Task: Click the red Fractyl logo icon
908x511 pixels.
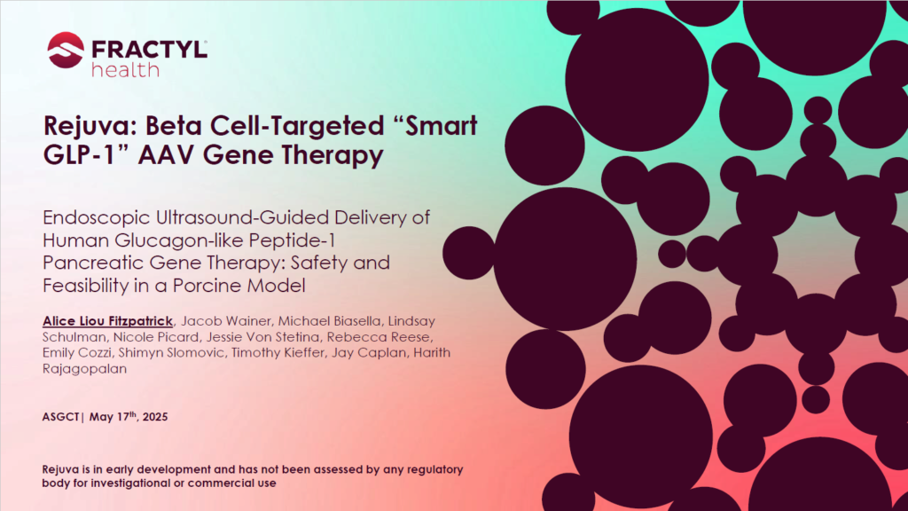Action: click(x=66, y=50)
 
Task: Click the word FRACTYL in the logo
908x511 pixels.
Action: click(x=149, y=50)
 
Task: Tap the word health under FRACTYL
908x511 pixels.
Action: click(x=125, y=70)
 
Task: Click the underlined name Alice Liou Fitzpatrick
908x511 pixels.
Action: click(x=107, y=321)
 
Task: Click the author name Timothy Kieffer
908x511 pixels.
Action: click(x=278, y=352)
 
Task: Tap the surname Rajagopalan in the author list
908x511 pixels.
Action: click(x=84, y=369)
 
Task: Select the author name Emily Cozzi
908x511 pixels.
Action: click(x=77, y=353)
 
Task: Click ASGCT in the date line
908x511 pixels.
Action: click(x=60, y=417)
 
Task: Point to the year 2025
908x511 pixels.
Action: click(x=155, y=417)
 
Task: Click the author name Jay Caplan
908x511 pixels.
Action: click(x=368, y=352)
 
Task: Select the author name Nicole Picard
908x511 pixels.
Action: click(x=156, y=336)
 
